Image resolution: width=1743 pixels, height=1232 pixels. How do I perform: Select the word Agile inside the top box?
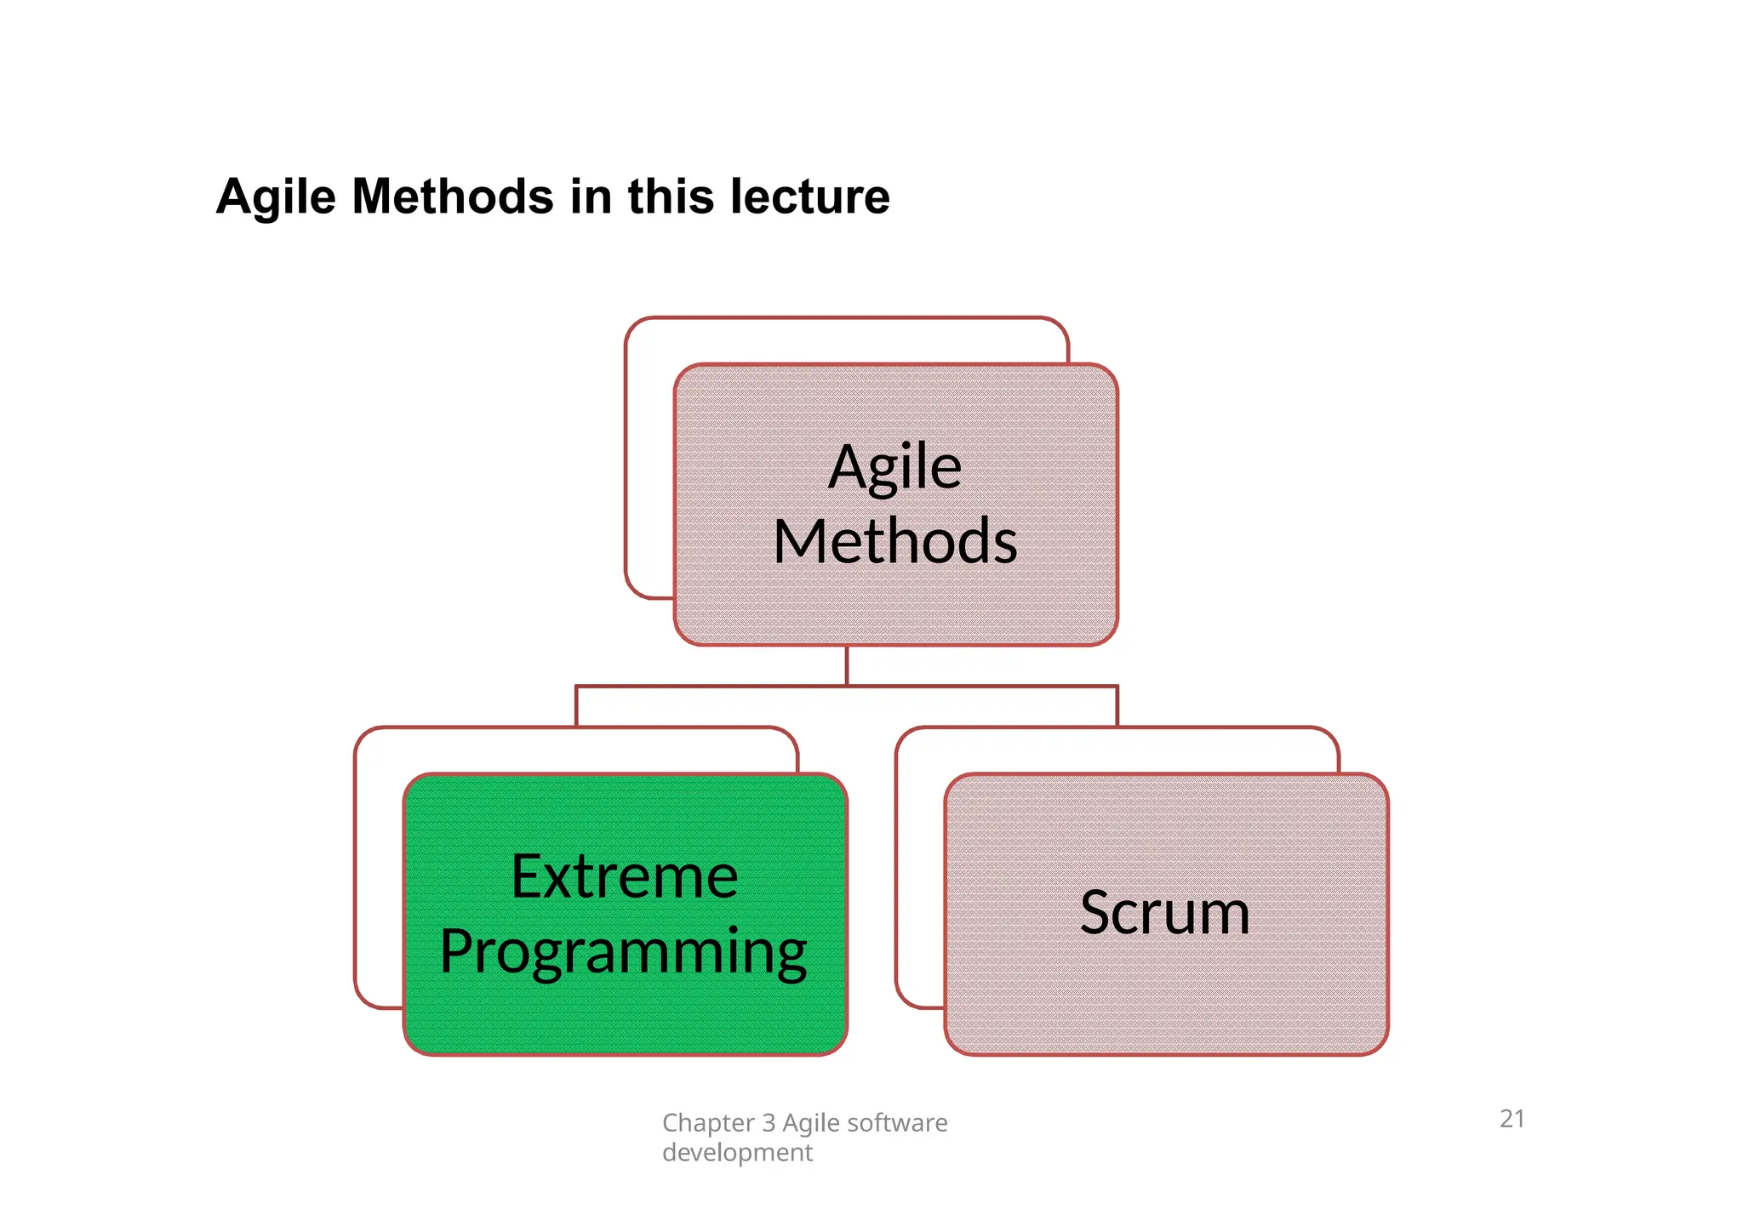[895, 468]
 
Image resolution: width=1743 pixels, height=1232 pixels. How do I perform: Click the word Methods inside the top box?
[895, 542]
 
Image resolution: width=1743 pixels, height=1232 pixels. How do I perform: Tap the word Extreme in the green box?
[624, 876]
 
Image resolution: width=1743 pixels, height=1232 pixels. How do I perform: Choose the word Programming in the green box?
[624, 951]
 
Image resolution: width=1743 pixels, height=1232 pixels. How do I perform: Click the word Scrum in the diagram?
[1165, 913]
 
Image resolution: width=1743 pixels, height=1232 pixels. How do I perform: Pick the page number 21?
[1512, 1119]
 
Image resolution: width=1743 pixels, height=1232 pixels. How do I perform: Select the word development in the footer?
[737, 1153]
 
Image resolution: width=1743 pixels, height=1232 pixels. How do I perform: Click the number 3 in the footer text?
[769, 1123]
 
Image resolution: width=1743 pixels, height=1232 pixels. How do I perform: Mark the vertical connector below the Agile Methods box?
[847, 665]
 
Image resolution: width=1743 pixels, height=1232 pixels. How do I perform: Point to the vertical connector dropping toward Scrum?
[1117, 706]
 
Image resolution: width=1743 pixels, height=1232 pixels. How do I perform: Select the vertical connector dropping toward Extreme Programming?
[576, 706]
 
